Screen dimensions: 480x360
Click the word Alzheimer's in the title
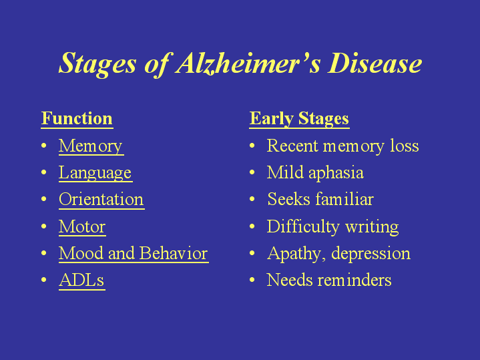pyautogui.click(x=248, y=63)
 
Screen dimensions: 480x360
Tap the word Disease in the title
pyautogui.click(x=375, y=63)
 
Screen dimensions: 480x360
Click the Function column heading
pyautogui.click(x=77, y=119)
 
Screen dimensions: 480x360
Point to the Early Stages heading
pyautogui.click(x=299, y=119)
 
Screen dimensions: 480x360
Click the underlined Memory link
pyautogui.click(x=91, y=146)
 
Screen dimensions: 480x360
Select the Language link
pyautogui.click(x=95, y=173)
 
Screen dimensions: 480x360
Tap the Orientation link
pyautogui.click(x=101, y=200)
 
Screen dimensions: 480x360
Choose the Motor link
pyautogui.click(x=82, y=226)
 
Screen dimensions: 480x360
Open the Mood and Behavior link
pyautogui.click(x=134, y=253)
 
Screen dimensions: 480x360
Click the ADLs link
pyautogui.click(x=81, y=280)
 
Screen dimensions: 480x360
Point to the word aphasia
pyautogui.click(x=336, y=173)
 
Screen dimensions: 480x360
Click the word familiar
pyautogui.click(x=344, y=199)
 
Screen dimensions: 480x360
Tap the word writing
pyautogui.click(x=372, y=227)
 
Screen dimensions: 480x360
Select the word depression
pyautogui.click(x=371, y=254)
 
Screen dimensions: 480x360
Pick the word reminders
pyautogui.click(x=354, y=280)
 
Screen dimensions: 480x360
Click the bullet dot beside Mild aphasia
pyautogui.click(x=252, y=172)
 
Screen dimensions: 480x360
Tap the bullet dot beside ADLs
pyautogui.click(x=44, y=280)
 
